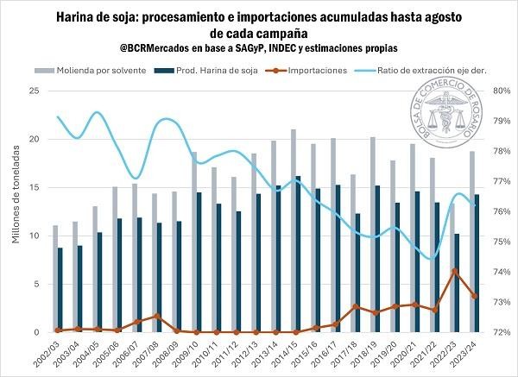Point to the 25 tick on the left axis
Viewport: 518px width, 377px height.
point(33,91)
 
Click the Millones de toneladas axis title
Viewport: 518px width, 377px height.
point(15,211)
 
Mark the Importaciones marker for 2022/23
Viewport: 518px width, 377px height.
point(455,272)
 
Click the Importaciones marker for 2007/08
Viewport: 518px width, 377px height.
point(157,316)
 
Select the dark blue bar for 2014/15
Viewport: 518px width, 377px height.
point(299,254)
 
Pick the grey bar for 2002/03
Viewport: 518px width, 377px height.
point(54,279)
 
